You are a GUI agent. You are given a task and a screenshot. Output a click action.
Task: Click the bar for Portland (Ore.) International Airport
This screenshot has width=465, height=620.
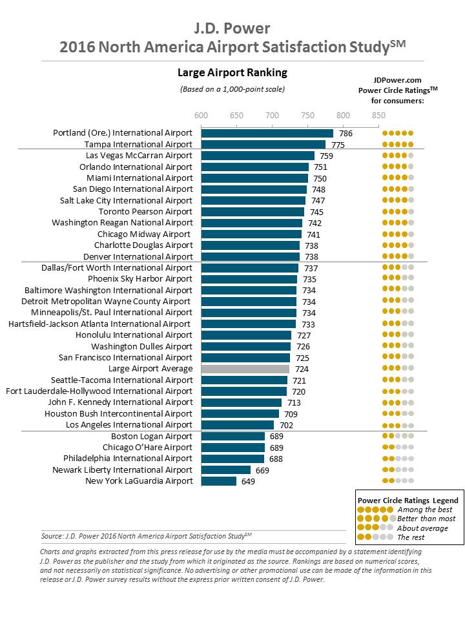point(267,133)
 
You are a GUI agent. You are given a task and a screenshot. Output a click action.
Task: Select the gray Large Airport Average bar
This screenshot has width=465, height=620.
point(245,369)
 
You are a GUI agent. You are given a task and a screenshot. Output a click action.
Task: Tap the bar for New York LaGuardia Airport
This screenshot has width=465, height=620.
point(219,481)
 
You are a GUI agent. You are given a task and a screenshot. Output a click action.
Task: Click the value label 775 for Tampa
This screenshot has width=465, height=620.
point(338,145)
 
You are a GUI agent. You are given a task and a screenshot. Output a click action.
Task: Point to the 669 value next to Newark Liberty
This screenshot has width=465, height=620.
point(262,470)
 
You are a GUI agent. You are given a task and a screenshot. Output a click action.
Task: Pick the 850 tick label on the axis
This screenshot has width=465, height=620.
point(378,115)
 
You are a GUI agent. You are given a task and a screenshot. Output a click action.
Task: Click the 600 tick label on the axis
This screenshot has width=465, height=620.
point(201,115)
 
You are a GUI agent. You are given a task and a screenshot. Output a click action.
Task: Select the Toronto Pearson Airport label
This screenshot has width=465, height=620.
point(145,212)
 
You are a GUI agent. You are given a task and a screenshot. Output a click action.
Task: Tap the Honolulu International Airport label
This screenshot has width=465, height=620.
point(134,335)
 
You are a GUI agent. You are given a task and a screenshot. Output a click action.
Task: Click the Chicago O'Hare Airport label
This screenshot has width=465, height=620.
point(147,447)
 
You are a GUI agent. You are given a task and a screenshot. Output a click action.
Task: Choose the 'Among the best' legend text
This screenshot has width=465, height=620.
point(425,510)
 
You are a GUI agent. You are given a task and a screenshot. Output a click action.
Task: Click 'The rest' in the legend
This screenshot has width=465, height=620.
point(411,537)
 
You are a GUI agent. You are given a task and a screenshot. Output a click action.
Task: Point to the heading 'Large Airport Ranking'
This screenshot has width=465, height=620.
point(232,72)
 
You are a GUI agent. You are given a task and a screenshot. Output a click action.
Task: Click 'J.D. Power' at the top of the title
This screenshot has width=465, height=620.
point(232,28)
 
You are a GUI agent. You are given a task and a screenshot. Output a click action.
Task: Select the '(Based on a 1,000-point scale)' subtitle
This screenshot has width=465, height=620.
point(232,89)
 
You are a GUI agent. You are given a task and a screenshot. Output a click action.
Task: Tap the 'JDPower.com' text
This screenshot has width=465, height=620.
point(397,80)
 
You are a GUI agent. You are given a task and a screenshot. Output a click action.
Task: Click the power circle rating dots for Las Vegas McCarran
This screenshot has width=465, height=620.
point(398,156)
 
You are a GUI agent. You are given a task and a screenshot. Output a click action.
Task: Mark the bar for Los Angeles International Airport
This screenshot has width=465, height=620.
point(237,425)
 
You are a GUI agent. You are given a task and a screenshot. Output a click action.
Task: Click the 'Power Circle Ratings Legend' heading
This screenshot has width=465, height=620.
point(408,500)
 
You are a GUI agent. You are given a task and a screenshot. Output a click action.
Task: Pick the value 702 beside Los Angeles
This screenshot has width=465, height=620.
point(286,426)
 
